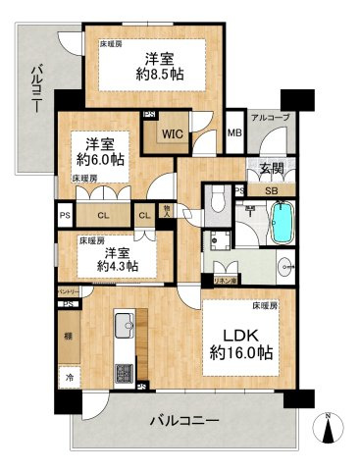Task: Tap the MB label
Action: (234, 132)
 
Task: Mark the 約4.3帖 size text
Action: (116, 265)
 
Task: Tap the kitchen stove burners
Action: (126, 373)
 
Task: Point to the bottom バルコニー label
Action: (185, 423)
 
